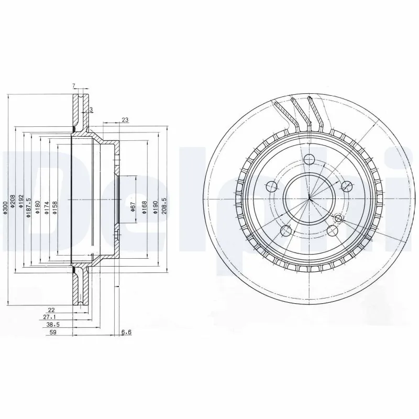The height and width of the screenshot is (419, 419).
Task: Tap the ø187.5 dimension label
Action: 29,207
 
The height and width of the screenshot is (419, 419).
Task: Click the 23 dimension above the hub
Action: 125,120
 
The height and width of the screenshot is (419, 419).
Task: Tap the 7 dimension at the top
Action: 74,85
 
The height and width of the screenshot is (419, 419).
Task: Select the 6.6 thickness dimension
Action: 126,332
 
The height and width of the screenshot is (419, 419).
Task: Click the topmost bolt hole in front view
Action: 309,160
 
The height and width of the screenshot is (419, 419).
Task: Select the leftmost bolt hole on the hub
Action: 271,186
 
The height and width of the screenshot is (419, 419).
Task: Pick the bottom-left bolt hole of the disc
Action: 285,230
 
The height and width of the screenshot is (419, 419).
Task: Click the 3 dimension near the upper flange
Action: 91,109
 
